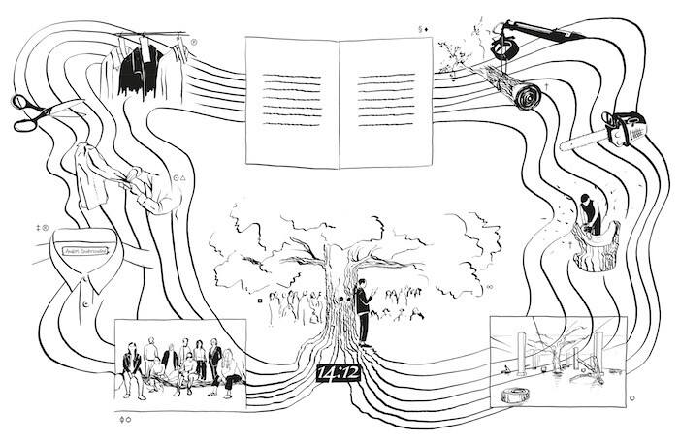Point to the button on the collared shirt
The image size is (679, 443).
coord(85,303)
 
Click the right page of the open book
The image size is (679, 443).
coord(385,102)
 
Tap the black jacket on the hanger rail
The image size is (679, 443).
coord(139,69)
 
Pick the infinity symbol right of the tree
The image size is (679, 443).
coord(489,287)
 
